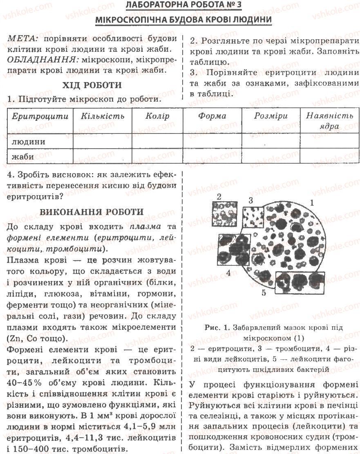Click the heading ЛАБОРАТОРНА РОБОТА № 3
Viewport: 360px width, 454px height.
pyautogui.click(x=180, y=6)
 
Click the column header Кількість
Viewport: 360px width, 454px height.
pyautogui.click(x=102, y=116)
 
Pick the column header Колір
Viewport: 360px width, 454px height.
pyautogui.click(x=157, y=116)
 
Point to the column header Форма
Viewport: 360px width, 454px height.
pyautogui.click(x=212, y=116)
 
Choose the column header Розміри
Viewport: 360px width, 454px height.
pyautogui.click(x=271, y=116)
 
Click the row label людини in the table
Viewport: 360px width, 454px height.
pyautogui.click(x=28, y=142)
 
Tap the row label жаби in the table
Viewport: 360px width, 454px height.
pyautogui.click(x=23, y=156)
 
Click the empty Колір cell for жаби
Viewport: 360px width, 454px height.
pyautogui.click(x=157, y=156)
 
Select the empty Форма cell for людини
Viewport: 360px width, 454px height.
pyautogui.click(x=212, y=142)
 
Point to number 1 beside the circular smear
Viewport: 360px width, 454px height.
pyautogui.click(x=311, y=202)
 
